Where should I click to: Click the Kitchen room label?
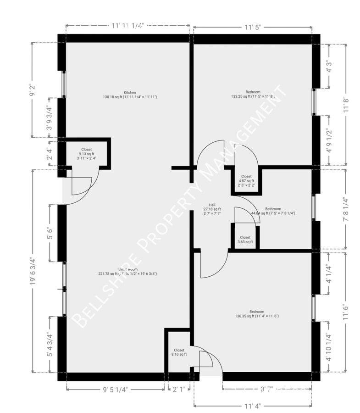pos(130,92)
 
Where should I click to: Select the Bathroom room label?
pos(273,208)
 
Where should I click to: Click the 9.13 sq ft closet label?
pos(86,154)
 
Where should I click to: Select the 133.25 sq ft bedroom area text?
pos(252,96)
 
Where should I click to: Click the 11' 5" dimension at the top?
pos(252,26)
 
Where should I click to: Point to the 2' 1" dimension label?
pos(179,390)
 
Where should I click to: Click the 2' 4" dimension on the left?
pos(49,152)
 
